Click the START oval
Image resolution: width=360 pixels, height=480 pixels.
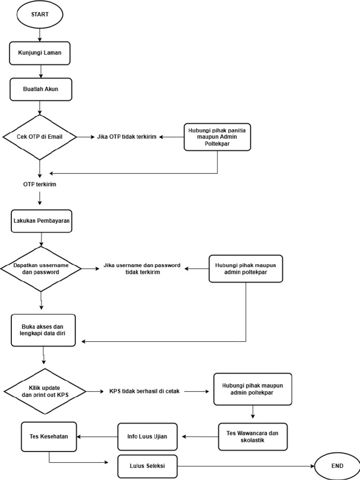pyautogui.click(x=40, y=15)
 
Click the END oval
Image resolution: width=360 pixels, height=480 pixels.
pyautogui.click(x=337, y=466)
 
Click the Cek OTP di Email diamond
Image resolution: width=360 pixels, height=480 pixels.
pyautogui.click(x=40, y=137)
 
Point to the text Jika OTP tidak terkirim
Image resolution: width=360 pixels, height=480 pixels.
pyautogui.click(x=127, y=137)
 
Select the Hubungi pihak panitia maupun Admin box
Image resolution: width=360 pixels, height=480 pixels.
pyautogui.click(x=217, y=137)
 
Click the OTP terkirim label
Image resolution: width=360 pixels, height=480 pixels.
pyautogui.click(x=40, y=185)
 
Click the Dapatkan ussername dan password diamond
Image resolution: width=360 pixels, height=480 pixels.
pyautogui.click(x=41, y=269)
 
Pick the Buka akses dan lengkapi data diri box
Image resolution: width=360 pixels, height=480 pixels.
pyautogui.click(x=43, y=330)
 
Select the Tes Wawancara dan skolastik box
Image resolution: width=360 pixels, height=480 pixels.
pyautogui.click(x=253, y=436)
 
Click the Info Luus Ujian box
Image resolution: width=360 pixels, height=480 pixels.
pyautogui.click(x=148, y=436)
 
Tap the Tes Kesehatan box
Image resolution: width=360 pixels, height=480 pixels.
pyautogui.click(x=49, y=436)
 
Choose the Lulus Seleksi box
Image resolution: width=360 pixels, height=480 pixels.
pyautogui.click(x=148, y=466)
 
